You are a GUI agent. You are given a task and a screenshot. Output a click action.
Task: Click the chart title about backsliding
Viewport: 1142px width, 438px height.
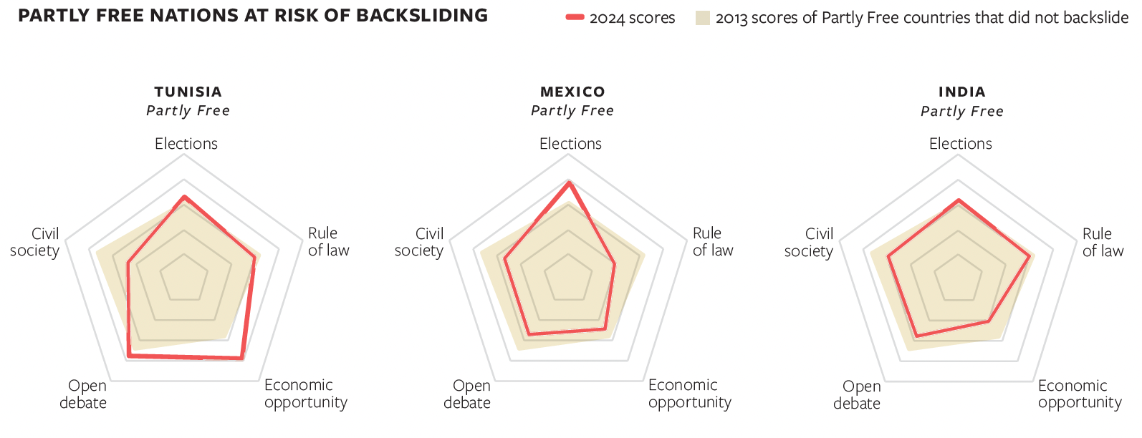[253, 16]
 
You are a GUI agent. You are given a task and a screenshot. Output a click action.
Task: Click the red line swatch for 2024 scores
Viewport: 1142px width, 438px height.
[575, 17]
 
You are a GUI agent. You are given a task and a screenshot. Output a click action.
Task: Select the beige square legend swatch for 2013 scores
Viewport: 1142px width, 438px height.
[702, 18]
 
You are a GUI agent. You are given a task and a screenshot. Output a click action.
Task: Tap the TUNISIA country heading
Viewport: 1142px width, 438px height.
[188, 92]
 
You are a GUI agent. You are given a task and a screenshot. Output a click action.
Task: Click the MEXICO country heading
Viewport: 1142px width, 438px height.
[572, 92]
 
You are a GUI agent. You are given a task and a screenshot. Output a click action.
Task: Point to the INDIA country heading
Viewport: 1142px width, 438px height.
[961, 92]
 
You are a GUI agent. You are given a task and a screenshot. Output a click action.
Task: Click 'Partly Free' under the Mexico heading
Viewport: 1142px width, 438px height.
[572, 111]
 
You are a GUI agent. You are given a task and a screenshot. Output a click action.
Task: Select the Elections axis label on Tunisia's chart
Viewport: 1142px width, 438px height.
[186, 144]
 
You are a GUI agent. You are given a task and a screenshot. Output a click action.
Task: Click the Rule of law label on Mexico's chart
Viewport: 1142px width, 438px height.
[712, 242]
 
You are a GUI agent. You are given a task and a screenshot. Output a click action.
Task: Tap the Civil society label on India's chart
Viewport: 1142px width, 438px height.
[809, 243]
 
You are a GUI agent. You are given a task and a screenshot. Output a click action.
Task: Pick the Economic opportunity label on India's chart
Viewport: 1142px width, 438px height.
[1079, 394]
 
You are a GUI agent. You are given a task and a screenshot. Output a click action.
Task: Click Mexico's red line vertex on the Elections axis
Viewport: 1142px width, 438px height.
[570, 183]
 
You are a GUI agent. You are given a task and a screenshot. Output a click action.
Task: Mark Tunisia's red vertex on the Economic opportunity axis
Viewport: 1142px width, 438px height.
[242, 358]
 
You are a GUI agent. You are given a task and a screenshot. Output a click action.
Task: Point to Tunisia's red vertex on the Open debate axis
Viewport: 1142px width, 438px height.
[128, 355]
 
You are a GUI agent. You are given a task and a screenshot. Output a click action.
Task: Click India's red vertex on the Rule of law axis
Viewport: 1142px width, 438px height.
[1030, 256]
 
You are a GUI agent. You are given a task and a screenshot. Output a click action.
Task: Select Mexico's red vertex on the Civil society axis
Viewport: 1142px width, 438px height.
[505, 259]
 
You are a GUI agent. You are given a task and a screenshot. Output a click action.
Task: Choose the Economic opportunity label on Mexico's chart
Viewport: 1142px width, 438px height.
[689, 394]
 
